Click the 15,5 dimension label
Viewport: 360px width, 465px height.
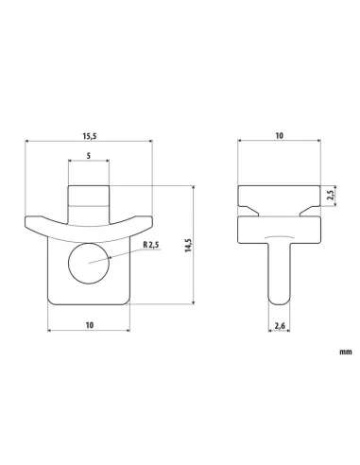tap(88, 137)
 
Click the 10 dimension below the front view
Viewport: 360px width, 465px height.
tap(89, 324)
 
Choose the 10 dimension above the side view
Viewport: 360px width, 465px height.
tap(279, 137)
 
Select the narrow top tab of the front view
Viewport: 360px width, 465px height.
tap(90, 198)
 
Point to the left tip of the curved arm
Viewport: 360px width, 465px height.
tap(28, 223)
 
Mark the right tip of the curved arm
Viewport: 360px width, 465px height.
tap(150, 223)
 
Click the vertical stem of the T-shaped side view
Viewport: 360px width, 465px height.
tap(278, 269)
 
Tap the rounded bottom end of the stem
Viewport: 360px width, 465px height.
tap(278, 300)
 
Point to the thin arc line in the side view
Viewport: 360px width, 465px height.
tap(278, 236)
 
